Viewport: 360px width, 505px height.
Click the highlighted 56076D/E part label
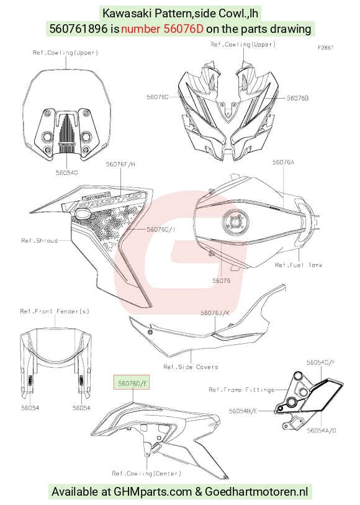[x=132, y=383]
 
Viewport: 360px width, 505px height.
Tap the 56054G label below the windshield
[x=66, y=173]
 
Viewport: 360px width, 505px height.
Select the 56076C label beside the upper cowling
[x=158, y=97]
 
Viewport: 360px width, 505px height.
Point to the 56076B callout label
[x=298, y=98]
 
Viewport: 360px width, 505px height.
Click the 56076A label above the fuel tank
[x=283, y=163]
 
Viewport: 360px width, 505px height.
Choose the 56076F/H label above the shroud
[x=120, y=164]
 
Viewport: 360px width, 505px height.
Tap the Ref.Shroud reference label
[x=39, y=241]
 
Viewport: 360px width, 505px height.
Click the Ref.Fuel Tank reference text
[x=299, y=265]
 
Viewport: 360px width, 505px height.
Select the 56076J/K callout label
[x=215, y=313]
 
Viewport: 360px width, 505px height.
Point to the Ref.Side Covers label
[x=191, y=367]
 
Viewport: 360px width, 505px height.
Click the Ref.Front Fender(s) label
[x=55, y=311]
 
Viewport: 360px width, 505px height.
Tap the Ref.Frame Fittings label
[x=241, y=390]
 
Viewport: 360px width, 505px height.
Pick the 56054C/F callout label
[x=321, y=362]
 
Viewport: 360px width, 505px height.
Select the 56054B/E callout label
[x=243, y=411]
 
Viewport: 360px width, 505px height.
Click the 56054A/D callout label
[x=322, y=431]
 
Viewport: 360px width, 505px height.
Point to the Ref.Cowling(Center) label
[x=146, y=473]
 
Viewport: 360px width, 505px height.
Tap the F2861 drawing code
[x=325, y=48]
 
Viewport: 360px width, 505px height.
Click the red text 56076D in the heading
[x=183, y=29]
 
